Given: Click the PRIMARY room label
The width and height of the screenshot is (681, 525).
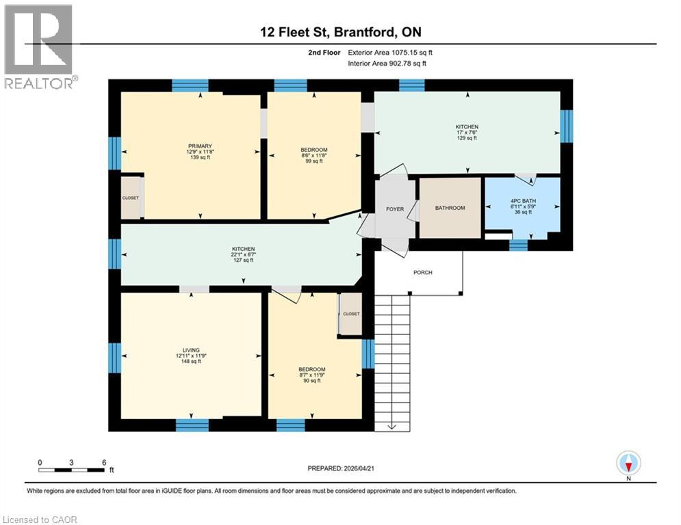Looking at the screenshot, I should [x=200, y=146].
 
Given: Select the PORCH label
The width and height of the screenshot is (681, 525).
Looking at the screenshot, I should [x=423, y=272].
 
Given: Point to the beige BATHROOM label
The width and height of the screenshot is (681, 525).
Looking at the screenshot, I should [x=450, y=208].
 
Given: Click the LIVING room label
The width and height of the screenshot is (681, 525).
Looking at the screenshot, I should [x=191, y=349].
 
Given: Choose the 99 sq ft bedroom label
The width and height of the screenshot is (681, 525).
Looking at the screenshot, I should [x=314, y=150].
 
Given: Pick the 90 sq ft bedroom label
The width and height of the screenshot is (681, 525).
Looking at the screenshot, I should [x=311, y=369].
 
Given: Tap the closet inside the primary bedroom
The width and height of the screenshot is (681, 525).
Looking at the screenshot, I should [x=130, y=198].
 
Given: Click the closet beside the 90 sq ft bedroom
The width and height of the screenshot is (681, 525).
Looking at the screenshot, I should [x=350, y=314].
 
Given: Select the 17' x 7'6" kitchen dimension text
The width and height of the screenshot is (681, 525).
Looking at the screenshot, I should [x=467, y=133].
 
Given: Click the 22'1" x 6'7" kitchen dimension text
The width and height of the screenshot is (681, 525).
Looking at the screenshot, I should [x=243, y=254].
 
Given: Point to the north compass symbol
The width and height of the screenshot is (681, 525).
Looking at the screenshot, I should [x=628, y=464].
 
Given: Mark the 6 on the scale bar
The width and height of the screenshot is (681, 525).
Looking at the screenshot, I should [x=103, y=462].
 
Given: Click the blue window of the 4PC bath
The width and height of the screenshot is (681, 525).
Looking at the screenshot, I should [x=519, y=245].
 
